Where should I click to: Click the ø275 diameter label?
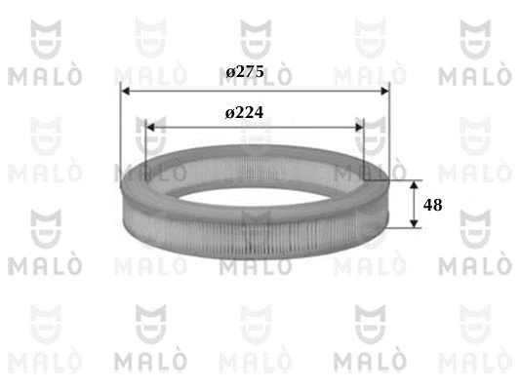click(x=245, y=73)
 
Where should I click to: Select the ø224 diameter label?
click(x=244, y=113)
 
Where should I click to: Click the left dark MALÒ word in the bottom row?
click(x=151, y=364)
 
